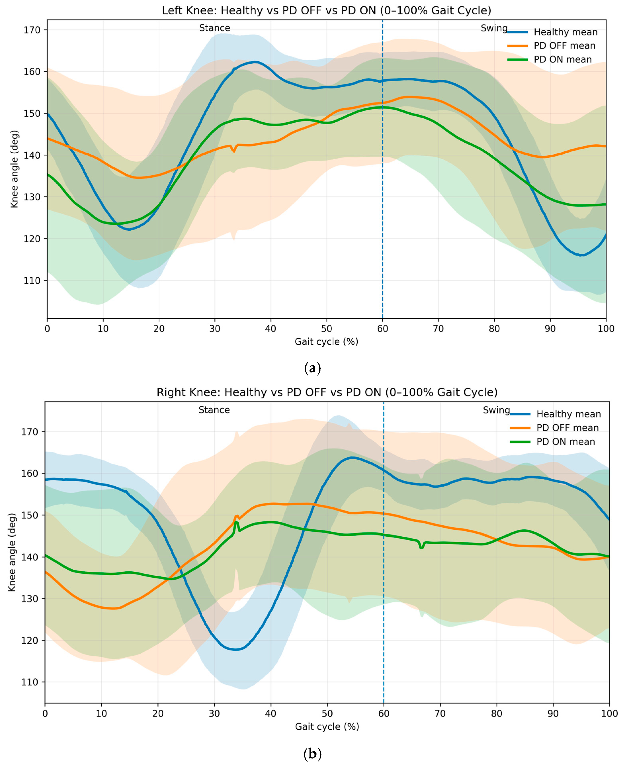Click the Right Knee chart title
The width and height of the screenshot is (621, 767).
pyautogui.click(x=327, y=392)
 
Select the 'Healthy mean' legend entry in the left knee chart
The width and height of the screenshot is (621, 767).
pyautogui.click(x=553, y=32)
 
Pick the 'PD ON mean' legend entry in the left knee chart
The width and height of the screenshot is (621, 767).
pyautogui.click(x=550, y=59)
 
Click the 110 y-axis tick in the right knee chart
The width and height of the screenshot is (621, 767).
pyautogui.click(x=30, y=682)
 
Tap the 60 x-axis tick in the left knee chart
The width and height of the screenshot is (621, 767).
pyautogui.click(x=382, y=329)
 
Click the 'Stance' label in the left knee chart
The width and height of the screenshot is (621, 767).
pyautogui.click(x=215, y=28)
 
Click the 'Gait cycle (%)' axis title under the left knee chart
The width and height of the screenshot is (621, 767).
pyautogui.click(x=326, y=342)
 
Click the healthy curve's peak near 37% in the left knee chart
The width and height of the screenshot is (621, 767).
pyautogui.click(x=255, y=62)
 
